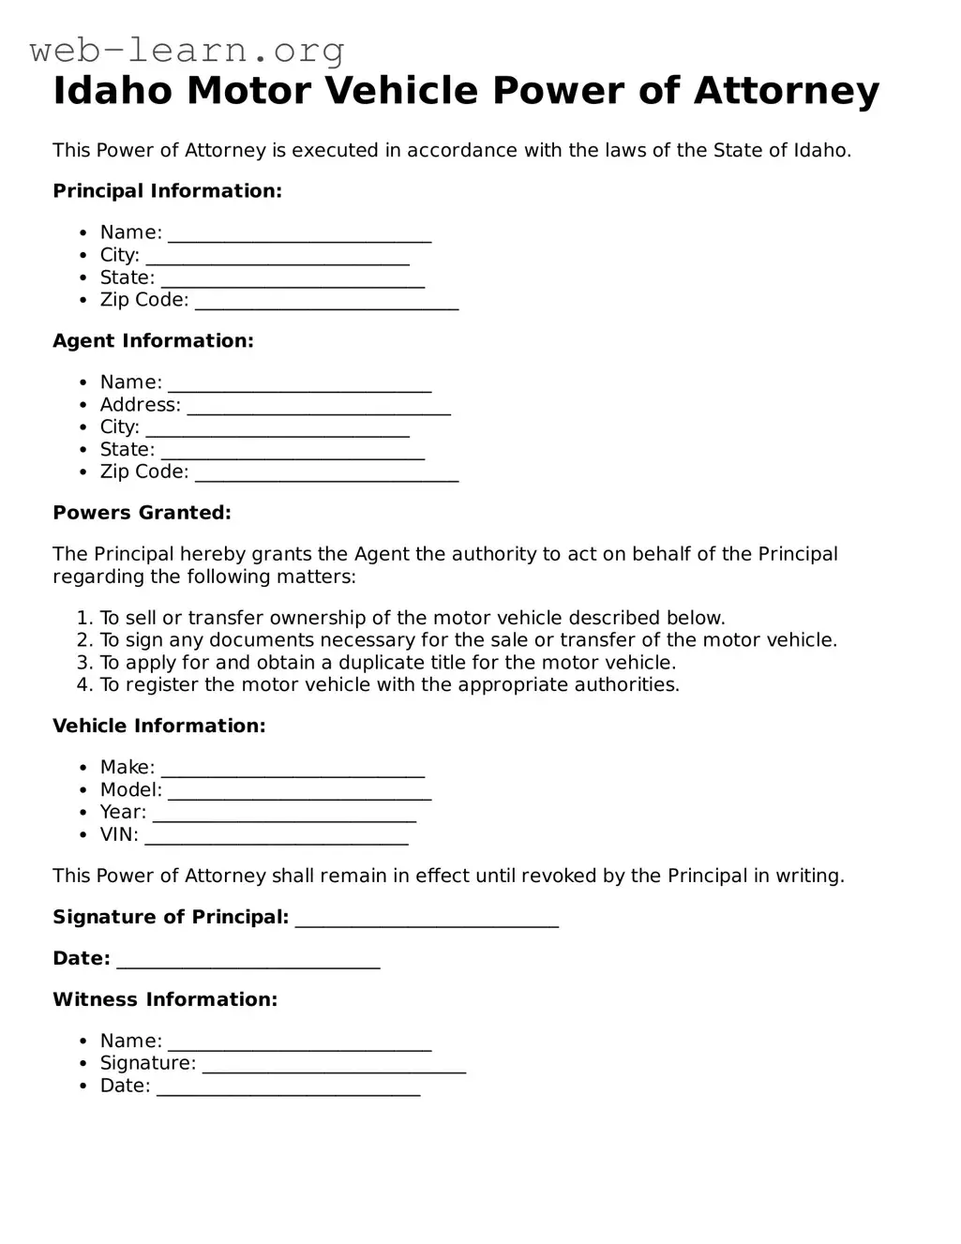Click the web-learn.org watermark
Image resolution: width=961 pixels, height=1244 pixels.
pos(188,50)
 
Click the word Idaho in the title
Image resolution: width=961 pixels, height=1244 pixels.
pos(113,92)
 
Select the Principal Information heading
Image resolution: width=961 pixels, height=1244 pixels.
pos(167,191)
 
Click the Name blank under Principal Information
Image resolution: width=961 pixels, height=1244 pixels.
pos(299,234)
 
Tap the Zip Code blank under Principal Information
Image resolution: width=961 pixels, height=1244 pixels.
pos(326,302)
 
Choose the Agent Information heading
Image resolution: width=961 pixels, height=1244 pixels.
pos(153,341)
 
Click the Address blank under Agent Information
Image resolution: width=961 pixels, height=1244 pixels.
pos(319,407)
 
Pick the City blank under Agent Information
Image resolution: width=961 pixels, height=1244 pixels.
pos(278,429)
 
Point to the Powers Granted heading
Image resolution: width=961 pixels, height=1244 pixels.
pos(142,513)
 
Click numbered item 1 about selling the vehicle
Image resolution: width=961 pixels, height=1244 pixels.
pos(412,619)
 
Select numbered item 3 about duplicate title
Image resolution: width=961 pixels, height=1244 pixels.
pos(387,663)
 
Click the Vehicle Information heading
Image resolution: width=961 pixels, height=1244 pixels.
pos(159,727)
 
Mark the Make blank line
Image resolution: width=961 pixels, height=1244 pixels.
pos(293,770)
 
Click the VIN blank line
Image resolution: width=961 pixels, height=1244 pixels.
pos(277,837)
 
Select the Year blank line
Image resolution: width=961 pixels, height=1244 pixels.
pos(284,815)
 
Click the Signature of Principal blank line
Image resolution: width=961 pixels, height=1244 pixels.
pos(427,920)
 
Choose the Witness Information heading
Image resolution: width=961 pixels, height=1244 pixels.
pos(165,1000)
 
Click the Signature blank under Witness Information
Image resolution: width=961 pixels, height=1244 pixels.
pos(334,1065)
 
